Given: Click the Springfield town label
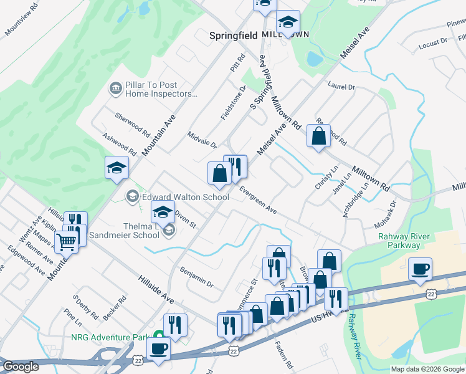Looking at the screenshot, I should (234, 36).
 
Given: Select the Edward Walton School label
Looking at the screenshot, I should (185, 197).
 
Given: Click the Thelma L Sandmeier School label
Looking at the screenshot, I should (125, 231).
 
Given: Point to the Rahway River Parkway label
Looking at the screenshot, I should (408, 241).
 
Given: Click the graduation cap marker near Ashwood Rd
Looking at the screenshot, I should (117, 168).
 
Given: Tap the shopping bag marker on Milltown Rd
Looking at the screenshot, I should (318, 136).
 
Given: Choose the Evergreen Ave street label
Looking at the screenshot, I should (258, 200).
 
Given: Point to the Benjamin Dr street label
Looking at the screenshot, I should (196, 277).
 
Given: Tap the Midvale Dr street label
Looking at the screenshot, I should (202, 140).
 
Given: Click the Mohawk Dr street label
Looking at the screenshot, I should (385, 214).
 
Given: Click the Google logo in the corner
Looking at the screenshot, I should (21, 367).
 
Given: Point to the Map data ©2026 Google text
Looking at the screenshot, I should (427, 369).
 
